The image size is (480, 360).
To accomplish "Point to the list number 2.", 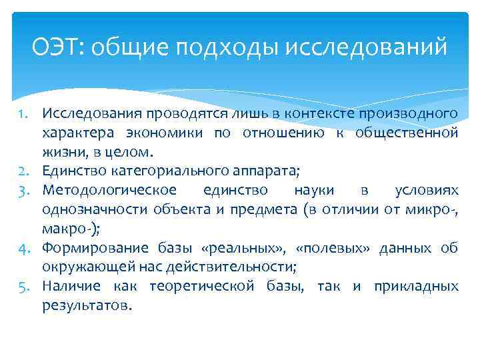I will pyautogui.click(x=23, y=171).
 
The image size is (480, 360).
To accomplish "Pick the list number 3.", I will pyautogui.click(x=23, y=190).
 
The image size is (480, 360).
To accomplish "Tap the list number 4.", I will pyautogui.click(x=23, y=248).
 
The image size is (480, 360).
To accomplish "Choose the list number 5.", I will pyautogui.click(x=23, y=287).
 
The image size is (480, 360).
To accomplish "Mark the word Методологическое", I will pyautogui.click(x=103, y=190).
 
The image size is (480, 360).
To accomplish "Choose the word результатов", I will pyautogui.click(x=85, y=306).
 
